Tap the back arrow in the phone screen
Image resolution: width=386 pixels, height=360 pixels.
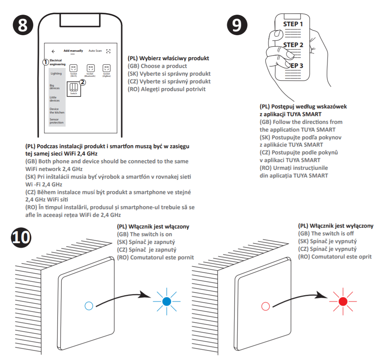pos(53,51)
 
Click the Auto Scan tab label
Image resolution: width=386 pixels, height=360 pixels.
pos(95,51)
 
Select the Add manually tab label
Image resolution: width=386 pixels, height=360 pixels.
pos(73,51)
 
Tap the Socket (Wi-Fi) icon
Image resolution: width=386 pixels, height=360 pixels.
pos(74,68)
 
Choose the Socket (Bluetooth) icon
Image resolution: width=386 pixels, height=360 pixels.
pos(90,68)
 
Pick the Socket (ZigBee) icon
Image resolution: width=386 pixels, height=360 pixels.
pos(106,68)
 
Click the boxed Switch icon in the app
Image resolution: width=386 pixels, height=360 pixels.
pos(74,89)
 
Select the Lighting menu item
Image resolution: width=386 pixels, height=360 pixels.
pos(56,73)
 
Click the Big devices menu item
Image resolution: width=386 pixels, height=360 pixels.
pos(55,86)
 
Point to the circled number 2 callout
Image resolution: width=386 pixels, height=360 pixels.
pos(83,81)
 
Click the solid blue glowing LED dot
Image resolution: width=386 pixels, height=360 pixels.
pos(167,301)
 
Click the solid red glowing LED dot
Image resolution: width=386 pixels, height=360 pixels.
pos(342,302)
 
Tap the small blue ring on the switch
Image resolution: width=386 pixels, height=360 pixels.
pos(88,306)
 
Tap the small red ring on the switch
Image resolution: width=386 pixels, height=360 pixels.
pos(265,306)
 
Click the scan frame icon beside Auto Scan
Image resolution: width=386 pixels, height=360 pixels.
pos(108,51)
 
